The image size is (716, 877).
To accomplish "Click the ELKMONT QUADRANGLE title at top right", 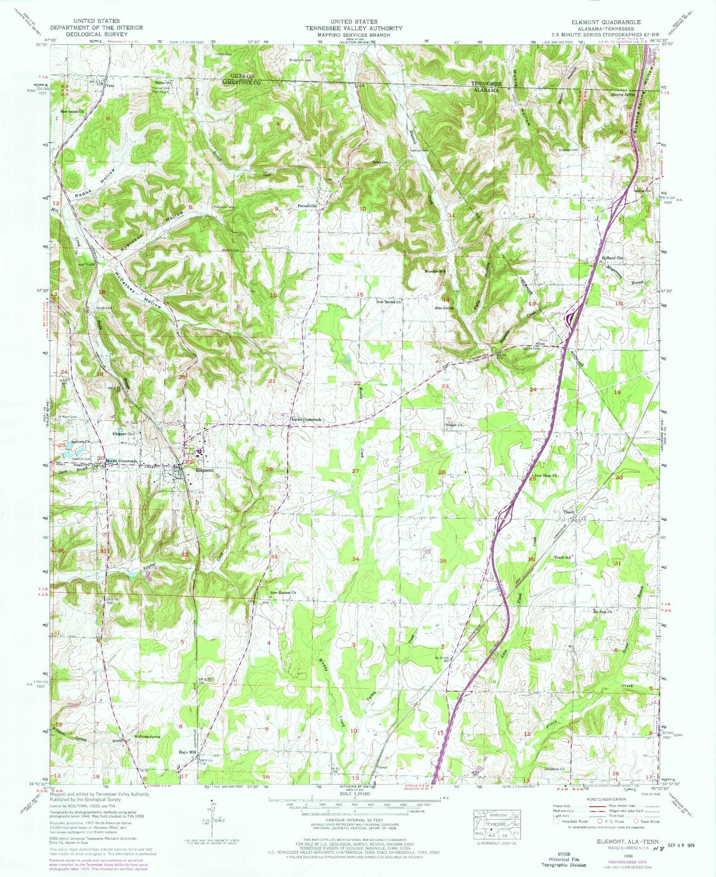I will click(612, 22).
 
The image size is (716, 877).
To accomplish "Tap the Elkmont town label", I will click(205, 470).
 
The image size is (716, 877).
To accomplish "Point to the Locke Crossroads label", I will click(306, 419).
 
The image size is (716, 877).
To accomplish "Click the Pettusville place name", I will click(307, 205).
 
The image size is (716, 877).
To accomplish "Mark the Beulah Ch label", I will click(454, 425).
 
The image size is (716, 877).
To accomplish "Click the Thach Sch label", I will click(563, 558).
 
